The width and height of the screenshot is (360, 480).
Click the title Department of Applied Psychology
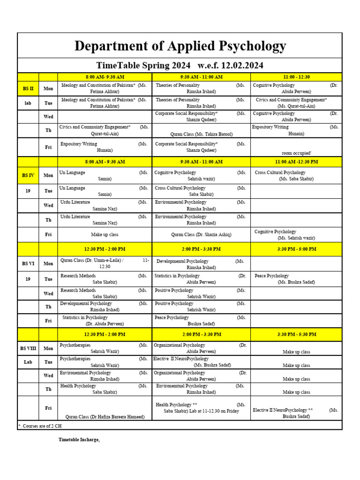click(x=180, y=46)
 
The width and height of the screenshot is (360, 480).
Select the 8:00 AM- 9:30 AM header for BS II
click(x=105, y=77)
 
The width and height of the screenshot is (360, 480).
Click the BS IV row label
click(x=28, y=175)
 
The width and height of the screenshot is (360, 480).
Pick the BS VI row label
click(x=28, y=263)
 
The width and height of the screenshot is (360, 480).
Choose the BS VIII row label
click(x=28, y=348)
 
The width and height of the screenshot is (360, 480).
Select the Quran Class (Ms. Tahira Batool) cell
click(x=201, y=134)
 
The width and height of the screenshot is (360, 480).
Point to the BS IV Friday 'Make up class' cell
click(x=105, y=234)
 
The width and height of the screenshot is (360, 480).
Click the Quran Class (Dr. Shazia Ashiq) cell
click(x=201, y=234)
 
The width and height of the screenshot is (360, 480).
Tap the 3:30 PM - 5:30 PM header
click(x=296, y=334)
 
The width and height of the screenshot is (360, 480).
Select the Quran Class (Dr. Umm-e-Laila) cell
click(x=105, y=263)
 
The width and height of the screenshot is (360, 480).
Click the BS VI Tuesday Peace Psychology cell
click(x=296, y=279)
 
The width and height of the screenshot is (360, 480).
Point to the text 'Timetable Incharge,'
click(x=79, y=440)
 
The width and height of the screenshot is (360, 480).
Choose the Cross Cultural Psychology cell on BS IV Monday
click(x=296, y=175)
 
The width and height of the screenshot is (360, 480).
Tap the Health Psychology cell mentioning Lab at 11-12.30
click(x=201, y=408)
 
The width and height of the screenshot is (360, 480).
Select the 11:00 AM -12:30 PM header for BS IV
click(x=296, y=162)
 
